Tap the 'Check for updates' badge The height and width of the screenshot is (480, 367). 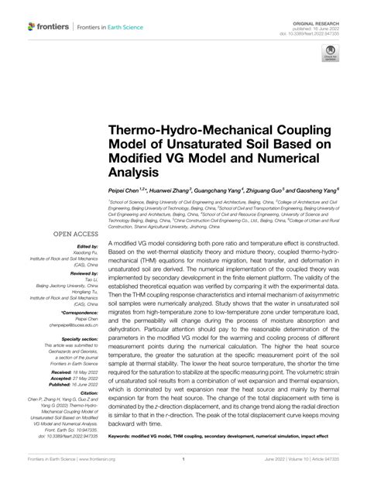330,55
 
